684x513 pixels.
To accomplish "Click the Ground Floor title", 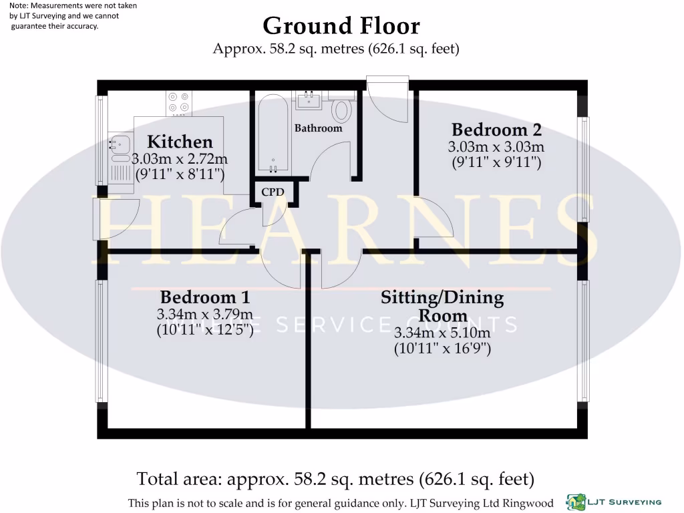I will click(341, 26).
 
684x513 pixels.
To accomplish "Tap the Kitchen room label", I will click(180, 142).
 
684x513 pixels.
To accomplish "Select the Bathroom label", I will click(318, 128).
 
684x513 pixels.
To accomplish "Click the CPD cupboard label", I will click(273, 192).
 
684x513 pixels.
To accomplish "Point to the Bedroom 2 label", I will click(496, 130).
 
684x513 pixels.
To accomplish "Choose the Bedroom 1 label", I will click(204, 297).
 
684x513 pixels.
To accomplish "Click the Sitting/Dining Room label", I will click(442, 306).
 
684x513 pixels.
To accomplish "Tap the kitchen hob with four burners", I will click(179, 102).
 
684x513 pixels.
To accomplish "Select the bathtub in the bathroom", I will click(273, 133).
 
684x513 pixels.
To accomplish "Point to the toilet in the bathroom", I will click(343, 109).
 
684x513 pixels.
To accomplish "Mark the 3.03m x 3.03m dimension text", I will click(496, 147).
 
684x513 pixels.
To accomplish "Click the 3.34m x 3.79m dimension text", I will click(204, 315).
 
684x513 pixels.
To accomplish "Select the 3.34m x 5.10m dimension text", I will click(442, 333).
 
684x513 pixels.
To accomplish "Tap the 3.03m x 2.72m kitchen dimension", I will click(180, 160).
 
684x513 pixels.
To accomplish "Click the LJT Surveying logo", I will click(614, 501).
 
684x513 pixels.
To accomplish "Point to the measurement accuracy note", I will click(64, 16).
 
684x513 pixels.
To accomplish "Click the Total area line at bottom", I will click(335, 479).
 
